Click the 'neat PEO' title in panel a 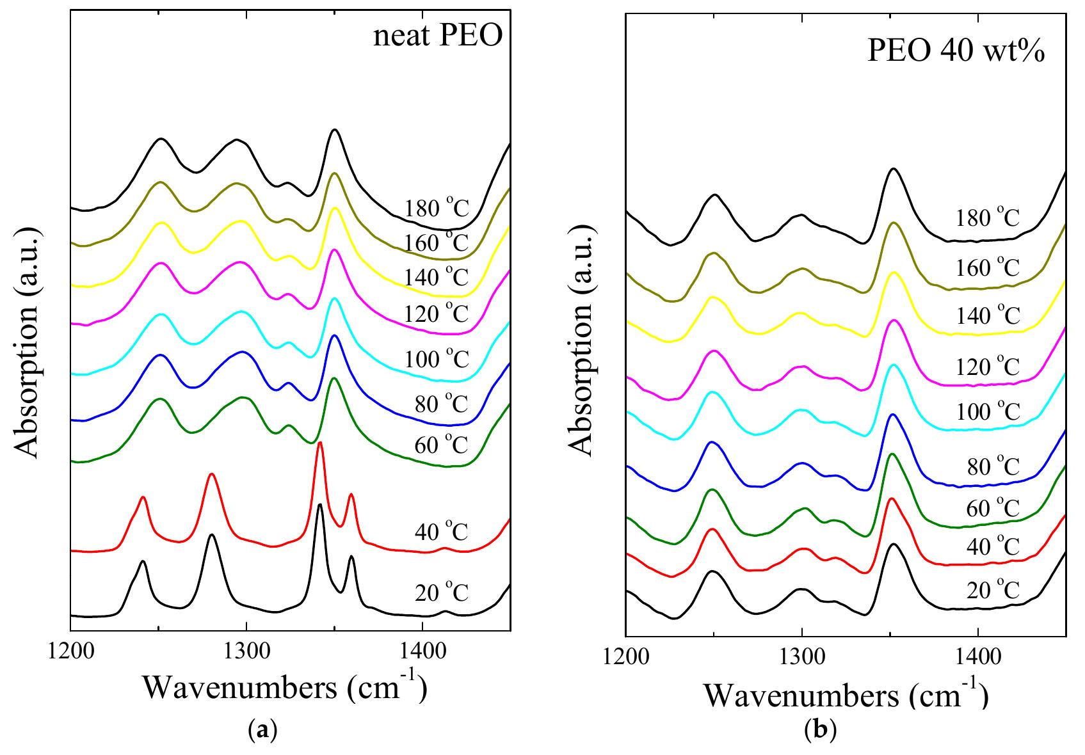click(438, 37)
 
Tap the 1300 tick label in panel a click(246, 653)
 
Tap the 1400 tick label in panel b click(977, 658)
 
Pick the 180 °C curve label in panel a click(437, 209)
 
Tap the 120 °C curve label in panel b click(987, 366)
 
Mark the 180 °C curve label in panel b click(987, 218)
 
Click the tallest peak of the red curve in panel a click(320, 442)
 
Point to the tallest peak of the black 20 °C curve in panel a click(320, 505)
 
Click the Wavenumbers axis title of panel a click(283, 688)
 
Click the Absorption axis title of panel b click(581, 340)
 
